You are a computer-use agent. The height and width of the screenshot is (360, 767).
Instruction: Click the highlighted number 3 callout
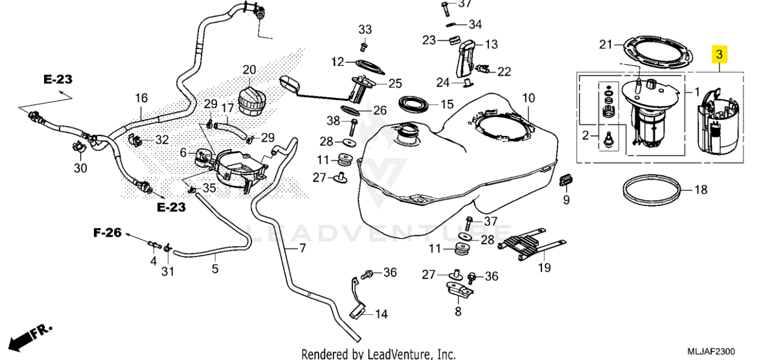coord(719,54)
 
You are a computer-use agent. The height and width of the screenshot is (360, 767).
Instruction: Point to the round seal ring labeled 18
coord(651,190)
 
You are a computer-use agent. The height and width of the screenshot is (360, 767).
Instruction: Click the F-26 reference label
coord(107,233)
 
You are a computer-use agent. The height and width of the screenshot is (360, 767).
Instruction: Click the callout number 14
coord(381,314)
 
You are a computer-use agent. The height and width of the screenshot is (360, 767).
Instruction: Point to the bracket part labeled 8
coord(459,290)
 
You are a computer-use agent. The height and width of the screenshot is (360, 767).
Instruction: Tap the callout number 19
coord(545,268)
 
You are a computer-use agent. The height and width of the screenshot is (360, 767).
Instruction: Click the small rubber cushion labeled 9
coord(566,181)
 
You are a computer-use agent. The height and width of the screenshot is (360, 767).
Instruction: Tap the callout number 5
coord(215,269)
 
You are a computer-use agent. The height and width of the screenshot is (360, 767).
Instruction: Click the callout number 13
coord(492,45)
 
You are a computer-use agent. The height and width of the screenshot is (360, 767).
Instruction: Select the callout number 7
coord(303,248)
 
